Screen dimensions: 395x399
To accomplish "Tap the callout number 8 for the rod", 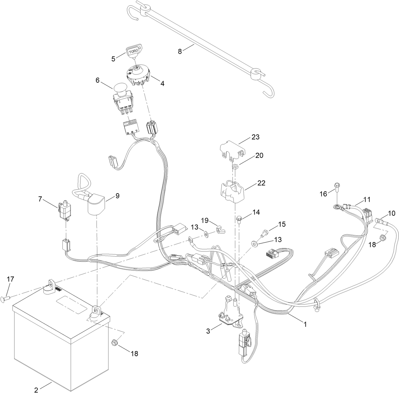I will [x=180, y=51].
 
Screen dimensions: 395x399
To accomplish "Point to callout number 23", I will [x=255, y=137].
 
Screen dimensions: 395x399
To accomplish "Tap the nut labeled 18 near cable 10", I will [x=382, y=236].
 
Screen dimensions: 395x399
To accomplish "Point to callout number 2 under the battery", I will [x=36, y=390].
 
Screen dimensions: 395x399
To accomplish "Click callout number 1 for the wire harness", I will [x=305, y=325].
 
